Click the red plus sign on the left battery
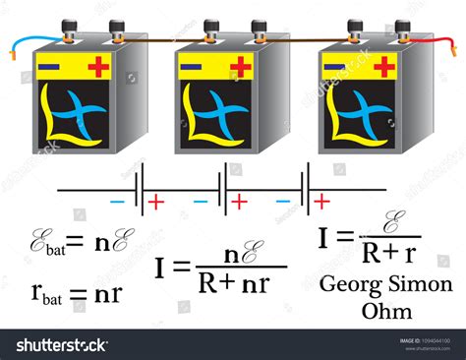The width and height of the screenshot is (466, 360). (99, 67)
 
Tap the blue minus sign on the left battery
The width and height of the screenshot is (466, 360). (52, 66)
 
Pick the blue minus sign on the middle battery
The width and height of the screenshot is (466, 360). (193, 66)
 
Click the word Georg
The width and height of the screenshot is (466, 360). (346, 285)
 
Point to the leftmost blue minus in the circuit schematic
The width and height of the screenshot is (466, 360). (117, 201)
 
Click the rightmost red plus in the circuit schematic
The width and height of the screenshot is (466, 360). (321, 201)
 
